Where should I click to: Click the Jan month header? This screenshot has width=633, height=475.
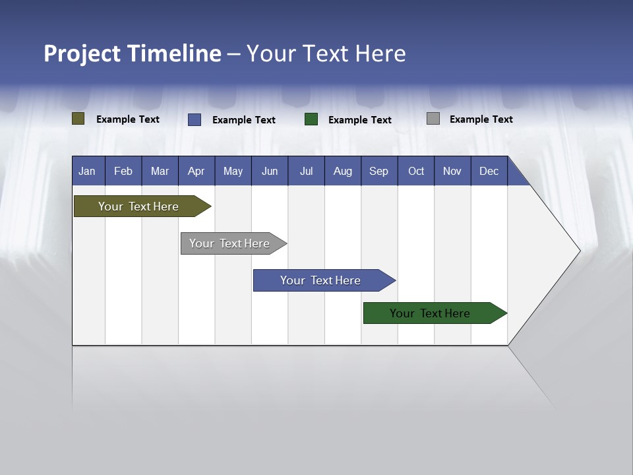(87, 172)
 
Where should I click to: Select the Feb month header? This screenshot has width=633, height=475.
(123, 172)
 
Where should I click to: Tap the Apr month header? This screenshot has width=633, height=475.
(196, 172)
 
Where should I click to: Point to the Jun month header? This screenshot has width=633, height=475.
(270, 172)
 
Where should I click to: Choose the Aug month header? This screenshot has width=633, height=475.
(343, 172)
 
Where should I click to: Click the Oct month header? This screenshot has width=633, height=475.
(416, 172)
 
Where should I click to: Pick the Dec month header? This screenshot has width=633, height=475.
(489, 172)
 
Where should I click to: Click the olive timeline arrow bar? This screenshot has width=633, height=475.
(138, 206)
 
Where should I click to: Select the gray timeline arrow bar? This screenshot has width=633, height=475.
(229, 243)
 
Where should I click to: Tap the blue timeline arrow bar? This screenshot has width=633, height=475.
(320, 280)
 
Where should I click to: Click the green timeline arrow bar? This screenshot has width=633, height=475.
(430, 313)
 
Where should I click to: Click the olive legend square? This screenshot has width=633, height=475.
(78, 119)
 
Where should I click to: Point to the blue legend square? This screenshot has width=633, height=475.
(195, 119)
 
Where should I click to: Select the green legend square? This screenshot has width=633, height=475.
(311, 119)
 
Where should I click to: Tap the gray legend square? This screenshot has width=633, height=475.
(433, 119)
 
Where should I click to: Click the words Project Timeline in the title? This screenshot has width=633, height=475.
(133, 53)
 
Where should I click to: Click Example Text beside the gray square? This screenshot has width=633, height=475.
(481, 119)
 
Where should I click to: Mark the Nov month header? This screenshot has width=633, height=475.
(452, 172)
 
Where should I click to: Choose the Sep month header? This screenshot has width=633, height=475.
(379, 172)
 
